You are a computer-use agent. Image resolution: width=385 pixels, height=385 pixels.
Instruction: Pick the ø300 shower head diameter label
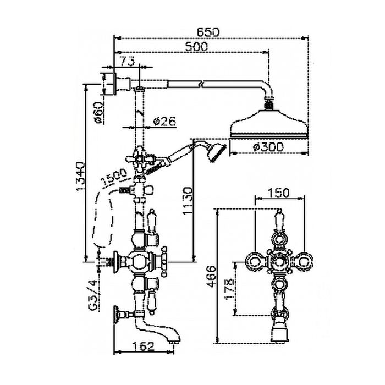pos(270,147)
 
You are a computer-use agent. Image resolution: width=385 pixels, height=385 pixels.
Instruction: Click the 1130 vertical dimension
pos(187,200)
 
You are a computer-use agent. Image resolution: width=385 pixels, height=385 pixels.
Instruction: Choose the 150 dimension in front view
pos(279,193)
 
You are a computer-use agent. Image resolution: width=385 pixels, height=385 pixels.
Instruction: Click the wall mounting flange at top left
pos(114,82)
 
